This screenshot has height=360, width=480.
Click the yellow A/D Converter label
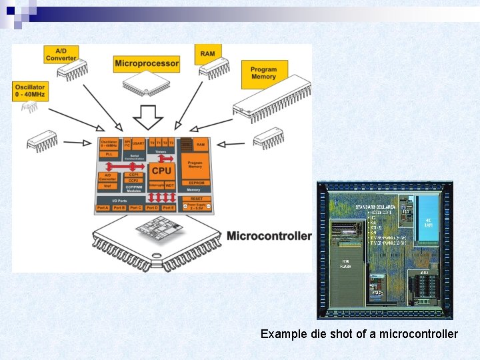61,55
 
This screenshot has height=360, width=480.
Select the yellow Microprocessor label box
147,64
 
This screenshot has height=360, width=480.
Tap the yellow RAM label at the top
208,54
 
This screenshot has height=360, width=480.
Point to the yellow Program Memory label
264,73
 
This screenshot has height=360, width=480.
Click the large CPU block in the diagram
161,171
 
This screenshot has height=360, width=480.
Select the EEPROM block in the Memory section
195,181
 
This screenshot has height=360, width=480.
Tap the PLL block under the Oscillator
109,153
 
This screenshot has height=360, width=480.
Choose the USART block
138,143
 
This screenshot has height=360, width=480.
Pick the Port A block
103,208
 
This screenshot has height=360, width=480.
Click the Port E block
169,208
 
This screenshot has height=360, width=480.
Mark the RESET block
196,198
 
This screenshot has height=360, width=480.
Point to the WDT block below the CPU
169,185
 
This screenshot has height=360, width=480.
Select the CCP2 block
133,180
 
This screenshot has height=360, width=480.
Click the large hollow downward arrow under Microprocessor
147,117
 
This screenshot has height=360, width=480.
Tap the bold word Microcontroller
269,235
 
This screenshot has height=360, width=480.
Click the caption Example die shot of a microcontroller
359,333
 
